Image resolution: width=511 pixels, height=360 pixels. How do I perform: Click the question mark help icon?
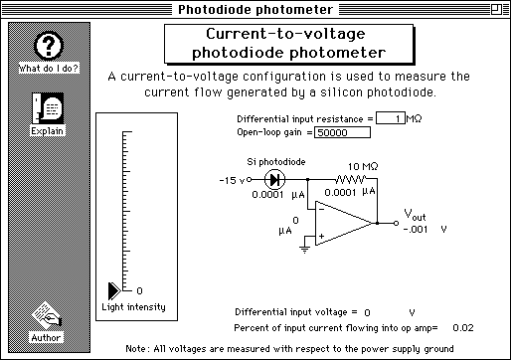click(49, 47)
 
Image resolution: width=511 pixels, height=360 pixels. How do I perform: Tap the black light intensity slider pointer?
click(114, 289)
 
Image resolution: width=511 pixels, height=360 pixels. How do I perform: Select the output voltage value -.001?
click(415, 228)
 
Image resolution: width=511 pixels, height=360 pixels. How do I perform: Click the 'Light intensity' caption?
click(133, 307)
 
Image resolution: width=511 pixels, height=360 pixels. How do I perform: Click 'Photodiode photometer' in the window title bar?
click(255, 10)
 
